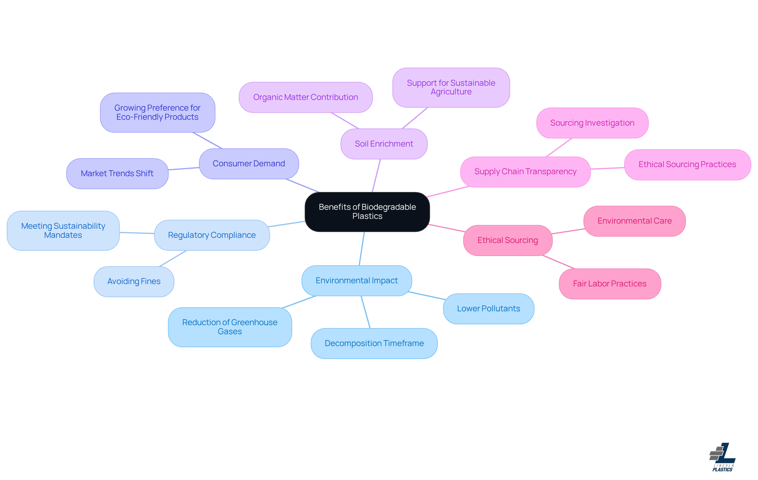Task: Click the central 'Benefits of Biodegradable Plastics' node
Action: coord(367,212)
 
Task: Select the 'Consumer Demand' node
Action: coord(249,164)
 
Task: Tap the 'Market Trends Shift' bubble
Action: coord(117,173)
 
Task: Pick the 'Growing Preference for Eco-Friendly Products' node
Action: coord(158,113)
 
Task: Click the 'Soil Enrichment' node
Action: coord(384,144)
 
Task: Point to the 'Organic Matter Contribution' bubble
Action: coord(306,97)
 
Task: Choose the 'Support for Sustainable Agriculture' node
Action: coord(451,87)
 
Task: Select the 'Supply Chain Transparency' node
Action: coord(525,171)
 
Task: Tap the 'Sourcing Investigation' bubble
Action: coord(592,123)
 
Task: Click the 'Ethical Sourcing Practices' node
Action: coord(687,164)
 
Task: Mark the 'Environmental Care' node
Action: coord(634,221)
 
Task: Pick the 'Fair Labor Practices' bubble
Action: coord(610,284)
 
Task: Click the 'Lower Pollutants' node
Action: coord(488,309)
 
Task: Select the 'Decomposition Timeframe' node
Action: coord(374,343)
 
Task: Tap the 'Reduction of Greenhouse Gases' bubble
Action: coord(230,327)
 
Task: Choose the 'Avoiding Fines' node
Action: coord(134,281)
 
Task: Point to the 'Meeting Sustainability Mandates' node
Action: coord(63,231)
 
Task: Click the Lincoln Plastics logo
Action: coord(722,457)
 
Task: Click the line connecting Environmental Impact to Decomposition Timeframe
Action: coord(366,312)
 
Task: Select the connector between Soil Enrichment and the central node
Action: coord(376,176)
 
